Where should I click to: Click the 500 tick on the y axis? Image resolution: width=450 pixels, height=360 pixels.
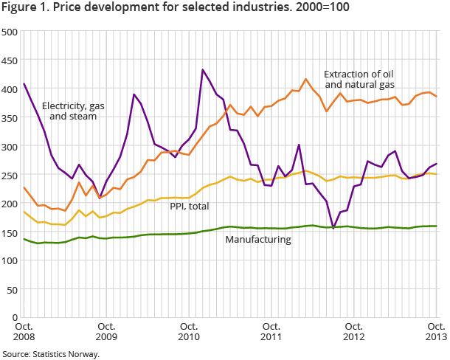tap(10, 32)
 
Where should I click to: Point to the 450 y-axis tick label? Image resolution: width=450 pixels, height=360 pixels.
tap(10, 61)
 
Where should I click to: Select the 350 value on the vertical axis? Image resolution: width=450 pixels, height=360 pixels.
tap(10, 118)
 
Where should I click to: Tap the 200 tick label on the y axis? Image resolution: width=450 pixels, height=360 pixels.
tap(10, 204)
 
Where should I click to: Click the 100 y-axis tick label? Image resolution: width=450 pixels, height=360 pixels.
tap(10, 260)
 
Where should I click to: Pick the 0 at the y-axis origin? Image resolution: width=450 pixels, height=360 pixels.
tap(15, 317)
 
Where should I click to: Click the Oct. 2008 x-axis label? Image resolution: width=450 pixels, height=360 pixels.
tap(24, 332)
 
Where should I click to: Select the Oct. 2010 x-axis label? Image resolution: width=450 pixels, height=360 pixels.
tap(188, 332)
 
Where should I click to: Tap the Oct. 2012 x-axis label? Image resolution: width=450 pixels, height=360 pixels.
tap(353, 332)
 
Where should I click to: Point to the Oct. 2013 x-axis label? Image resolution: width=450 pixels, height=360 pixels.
tap(435, 332)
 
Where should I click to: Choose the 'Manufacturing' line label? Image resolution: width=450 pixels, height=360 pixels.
tap(259, 240)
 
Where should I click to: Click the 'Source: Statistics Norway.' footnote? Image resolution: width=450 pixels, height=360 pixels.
tap(50, 353)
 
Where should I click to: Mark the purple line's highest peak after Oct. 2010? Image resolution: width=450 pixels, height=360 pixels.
tap(203, 70)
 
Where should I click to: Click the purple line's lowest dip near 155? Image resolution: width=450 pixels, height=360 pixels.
tap(333, 229)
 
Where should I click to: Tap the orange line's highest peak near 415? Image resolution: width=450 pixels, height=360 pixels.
tap(305, 79)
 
